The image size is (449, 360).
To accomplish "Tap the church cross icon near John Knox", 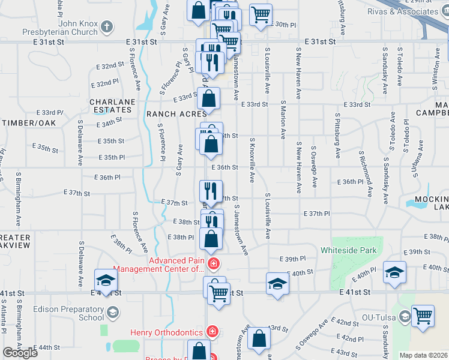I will (x=107, y=26).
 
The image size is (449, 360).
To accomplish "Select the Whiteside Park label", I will (x=348, y=250).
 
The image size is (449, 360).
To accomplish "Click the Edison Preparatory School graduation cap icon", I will (x=112, y=313).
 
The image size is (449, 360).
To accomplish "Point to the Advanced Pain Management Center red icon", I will (x=213, y=264).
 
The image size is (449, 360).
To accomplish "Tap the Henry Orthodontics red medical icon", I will (x=212, y=331).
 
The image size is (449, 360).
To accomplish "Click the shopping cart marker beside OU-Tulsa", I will (x=423, y=316).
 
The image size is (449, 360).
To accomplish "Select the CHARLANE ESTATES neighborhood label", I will (x=111, y=106).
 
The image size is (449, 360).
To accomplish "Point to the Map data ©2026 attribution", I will (x=423, y=355).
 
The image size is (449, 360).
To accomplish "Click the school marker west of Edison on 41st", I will (x=105, y=280).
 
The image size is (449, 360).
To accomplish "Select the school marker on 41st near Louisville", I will (x=277, y=283).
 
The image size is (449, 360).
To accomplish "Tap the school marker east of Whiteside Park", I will (x=394, y=272).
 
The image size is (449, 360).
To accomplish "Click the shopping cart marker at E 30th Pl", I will (x=261, y=14).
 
